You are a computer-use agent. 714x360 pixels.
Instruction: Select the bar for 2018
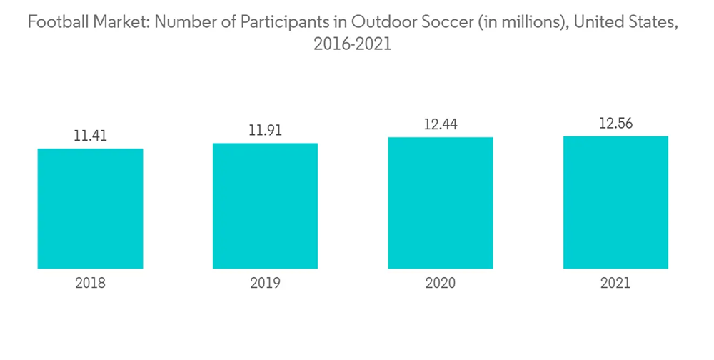[90, 209]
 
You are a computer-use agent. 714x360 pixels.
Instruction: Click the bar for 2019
[265, 206]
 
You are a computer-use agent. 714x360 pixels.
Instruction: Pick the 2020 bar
[441, 203]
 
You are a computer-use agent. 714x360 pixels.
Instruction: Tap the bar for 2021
[615, 202]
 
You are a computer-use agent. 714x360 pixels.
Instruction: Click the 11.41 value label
[90, 135]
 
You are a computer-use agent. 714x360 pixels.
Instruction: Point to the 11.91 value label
[265, 130]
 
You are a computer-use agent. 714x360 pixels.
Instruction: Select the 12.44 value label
[441, 124]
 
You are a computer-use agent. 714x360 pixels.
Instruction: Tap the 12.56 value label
[615, 124]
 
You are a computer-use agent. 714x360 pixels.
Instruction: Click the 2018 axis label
[90, 283]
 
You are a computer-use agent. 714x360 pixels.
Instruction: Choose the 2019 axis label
[265, 283]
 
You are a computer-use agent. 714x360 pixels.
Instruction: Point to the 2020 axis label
[441, 283]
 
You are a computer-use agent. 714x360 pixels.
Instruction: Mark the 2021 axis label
[615, 283]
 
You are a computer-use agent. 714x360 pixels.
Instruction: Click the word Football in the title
[54, 23]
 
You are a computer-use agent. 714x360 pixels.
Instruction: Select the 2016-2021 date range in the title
[353, 44]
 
